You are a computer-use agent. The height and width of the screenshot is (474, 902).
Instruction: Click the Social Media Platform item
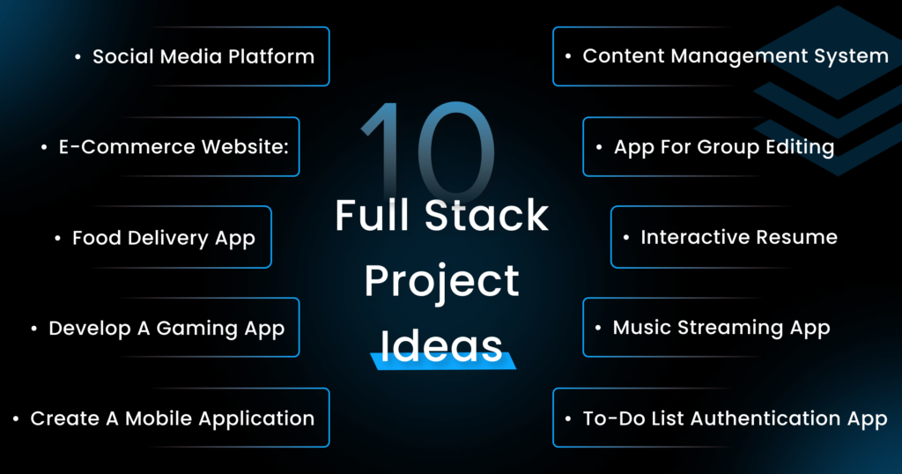[x=203, y=56]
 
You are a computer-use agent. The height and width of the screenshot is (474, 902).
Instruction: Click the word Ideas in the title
[x=442, y=345]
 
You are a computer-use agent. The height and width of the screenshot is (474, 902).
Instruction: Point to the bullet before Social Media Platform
[x=78, y=57]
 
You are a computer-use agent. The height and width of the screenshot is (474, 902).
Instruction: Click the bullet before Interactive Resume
[x=626, y=238]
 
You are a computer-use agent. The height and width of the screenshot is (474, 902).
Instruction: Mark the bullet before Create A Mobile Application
[x=17, y=419]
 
